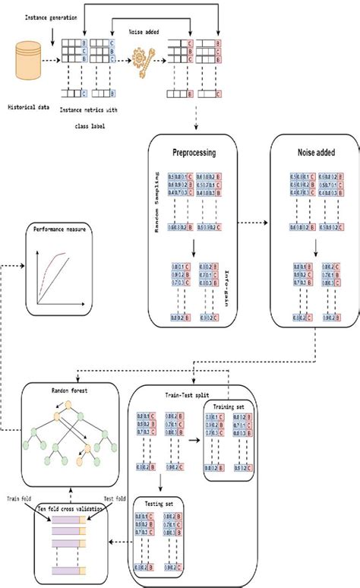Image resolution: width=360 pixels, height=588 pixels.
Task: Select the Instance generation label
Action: (51, 17)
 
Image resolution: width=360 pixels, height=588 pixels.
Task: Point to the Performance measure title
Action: (58, 228)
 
